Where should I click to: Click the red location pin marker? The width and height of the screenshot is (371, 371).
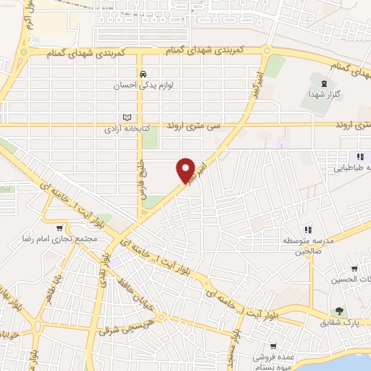(186, 170)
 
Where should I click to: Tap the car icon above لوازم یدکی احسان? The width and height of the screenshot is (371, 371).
(143, 74)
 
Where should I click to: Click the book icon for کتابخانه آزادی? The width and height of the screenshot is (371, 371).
(128, 117)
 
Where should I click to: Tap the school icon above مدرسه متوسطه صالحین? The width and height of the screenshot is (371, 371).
(307, 229)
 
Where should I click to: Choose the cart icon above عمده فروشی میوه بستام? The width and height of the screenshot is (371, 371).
(273, 346)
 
